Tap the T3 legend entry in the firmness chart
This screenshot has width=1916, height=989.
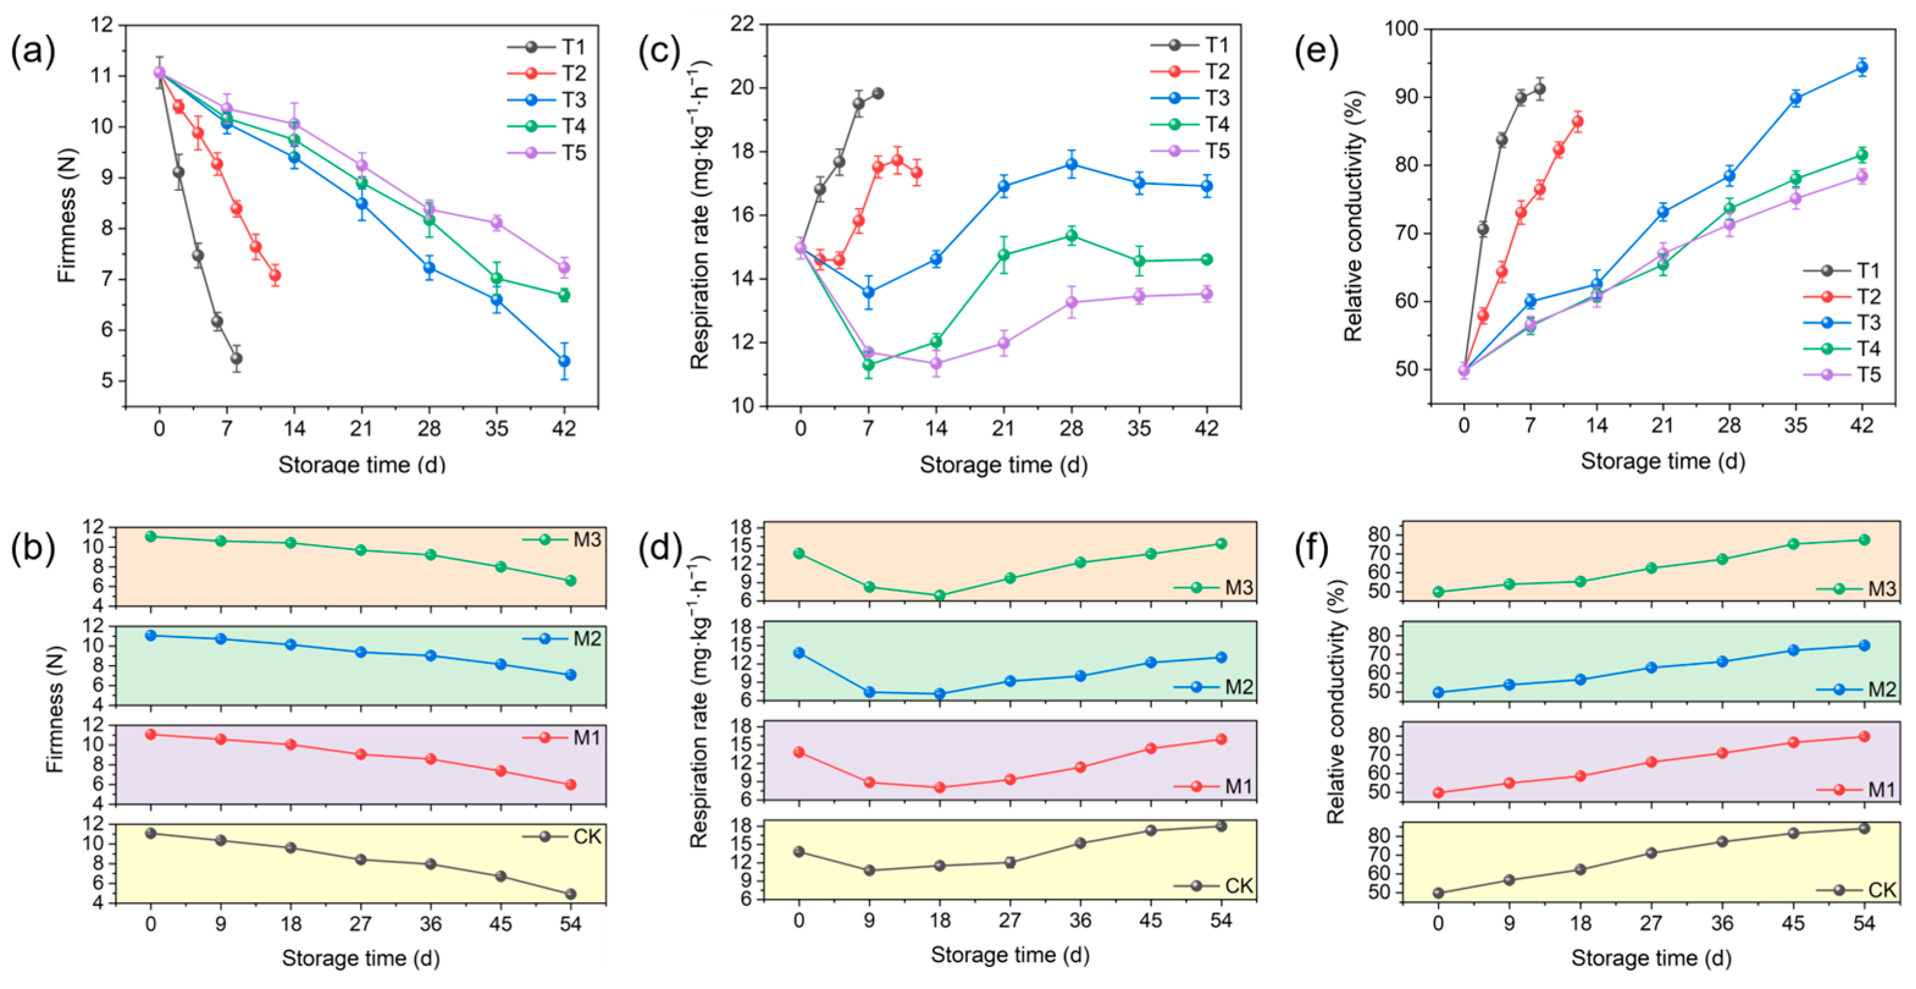[547, 99]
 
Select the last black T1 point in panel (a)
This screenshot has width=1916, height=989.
[237, 358]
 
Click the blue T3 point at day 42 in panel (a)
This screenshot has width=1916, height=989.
[564, 361]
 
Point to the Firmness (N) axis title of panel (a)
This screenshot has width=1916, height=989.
[67, 214]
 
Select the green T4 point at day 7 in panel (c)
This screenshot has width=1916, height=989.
[868, 365]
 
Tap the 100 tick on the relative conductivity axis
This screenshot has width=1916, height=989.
[1401, 29]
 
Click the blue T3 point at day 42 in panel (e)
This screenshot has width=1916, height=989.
[1862, 67]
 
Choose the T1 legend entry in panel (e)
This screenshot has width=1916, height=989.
[1842, 270]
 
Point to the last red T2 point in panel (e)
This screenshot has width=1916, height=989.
[1577, 121]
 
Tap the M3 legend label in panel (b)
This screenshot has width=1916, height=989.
[587, 539]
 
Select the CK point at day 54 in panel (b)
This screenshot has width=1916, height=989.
[570, 894]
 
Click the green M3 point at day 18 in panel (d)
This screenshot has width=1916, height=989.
[939, 595]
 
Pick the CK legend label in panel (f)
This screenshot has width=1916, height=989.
[1882, 890]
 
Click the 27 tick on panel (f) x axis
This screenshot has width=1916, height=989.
[1651, 924]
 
